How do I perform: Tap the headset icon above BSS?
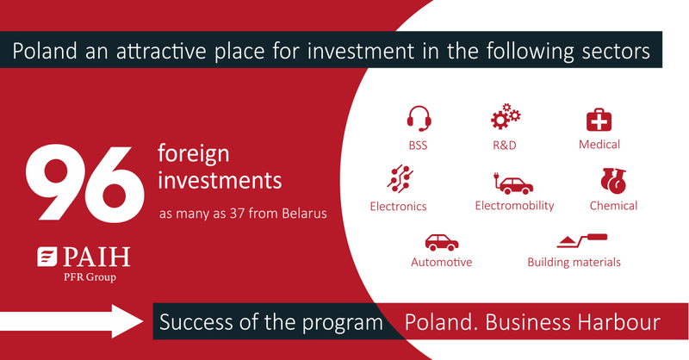(x=419, y=118)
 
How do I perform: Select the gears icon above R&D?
(x=505, y=117)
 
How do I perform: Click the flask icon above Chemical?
(x=612, y=181)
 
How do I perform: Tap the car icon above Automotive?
(x=441, y=242)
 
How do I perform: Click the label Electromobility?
(x=514, y=206)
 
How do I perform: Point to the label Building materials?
(x=574, y=262)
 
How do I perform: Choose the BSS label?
(x=419, y=145)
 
